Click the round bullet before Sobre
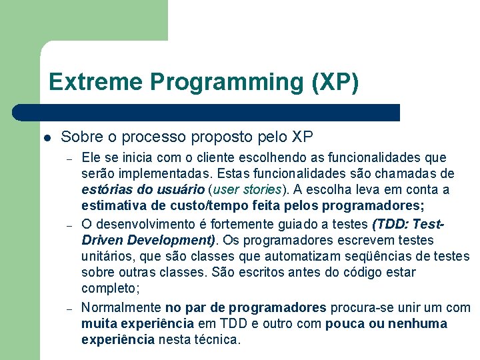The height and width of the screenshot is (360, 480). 47,138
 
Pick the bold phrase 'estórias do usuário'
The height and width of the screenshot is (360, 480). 143,190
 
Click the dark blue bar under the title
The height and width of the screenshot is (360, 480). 207,112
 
